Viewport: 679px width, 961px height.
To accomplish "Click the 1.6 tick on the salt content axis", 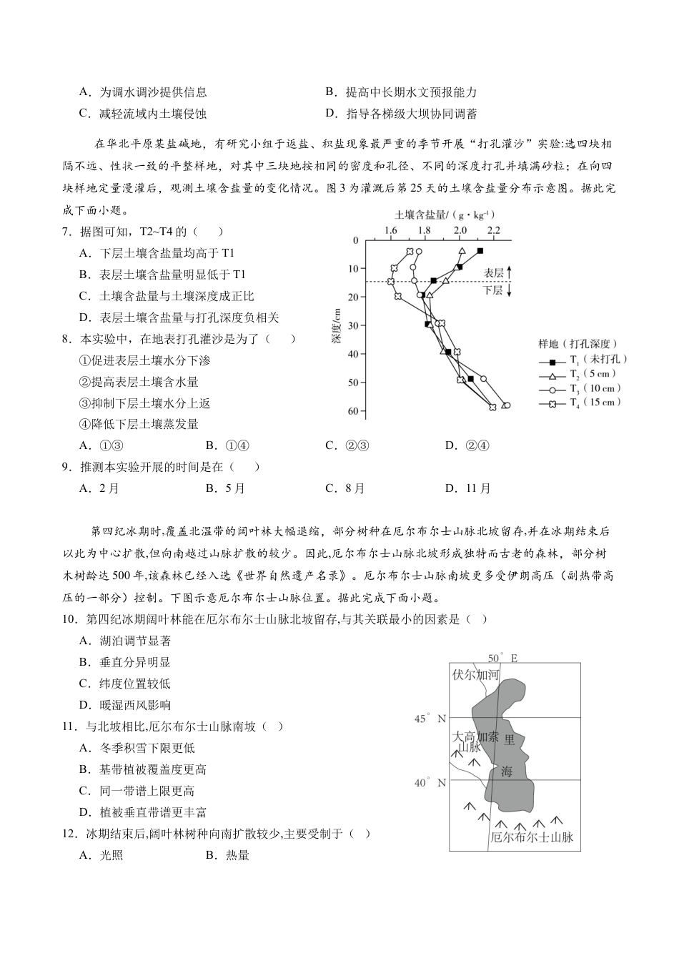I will [390, 231].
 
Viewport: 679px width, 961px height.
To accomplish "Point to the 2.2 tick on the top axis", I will [493, 231].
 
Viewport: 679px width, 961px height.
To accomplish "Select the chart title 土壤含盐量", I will [445, 215].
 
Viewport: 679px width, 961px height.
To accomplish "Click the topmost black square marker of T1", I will [480, 250].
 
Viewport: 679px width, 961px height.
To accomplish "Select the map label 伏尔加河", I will [475, 674].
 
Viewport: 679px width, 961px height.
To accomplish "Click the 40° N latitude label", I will [430, 783].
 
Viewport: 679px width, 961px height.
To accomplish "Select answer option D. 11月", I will [468, 488].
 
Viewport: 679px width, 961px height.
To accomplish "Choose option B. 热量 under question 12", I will [227, 855].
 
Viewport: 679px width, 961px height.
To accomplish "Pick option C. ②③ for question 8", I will [347, 445].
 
